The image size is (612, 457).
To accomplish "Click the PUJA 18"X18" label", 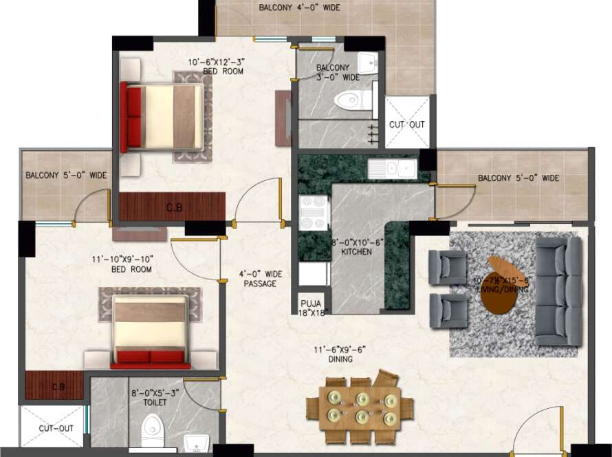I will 312,308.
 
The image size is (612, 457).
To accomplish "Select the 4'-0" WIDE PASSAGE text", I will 259,279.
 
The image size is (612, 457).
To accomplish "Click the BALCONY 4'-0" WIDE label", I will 299,8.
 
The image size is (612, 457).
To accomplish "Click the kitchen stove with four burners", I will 314,212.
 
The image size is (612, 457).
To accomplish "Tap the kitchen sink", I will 392,169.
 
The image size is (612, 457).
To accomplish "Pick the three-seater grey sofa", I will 558,293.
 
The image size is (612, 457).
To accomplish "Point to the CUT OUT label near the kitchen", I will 407,125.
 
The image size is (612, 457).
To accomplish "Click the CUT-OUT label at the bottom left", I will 56,428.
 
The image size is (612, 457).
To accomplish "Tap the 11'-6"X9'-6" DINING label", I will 340,354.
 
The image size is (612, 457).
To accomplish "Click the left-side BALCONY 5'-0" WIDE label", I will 66,176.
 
